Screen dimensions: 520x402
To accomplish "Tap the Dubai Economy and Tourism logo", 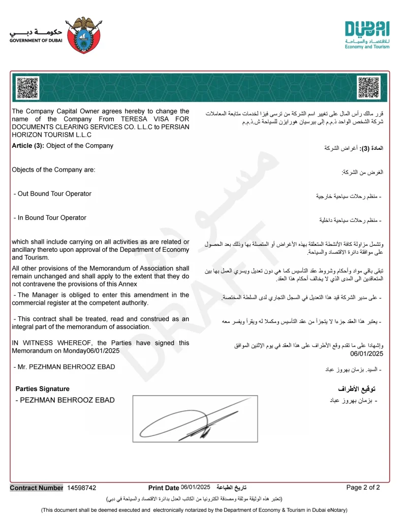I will click(367, 35).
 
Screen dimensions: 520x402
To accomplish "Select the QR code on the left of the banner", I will click(27, 87).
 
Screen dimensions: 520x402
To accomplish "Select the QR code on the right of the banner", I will click(368, 87).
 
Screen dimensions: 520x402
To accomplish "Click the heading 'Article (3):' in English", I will click(28, 146).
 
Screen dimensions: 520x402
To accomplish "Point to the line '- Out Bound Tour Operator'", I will click(52, 194).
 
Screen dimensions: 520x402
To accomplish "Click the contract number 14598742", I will click(81, 488).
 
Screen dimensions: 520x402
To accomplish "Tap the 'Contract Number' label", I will click(37, 488).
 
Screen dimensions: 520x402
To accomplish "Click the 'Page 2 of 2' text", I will click(363, 487).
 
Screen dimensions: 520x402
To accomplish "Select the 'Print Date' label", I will click(164, 488).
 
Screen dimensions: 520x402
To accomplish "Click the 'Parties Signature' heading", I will click(43, 389).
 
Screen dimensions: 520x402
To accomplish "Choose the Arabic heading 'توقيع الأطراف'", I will click(358, 389).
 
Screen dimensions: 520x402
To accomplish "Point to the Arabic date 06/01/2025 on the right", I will click(367, 354).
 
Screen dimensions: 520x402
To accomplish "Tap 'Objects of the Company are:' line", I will click(53, 170).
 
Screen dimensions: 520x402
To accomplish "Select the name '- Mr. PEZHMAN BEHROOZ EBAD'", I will click(64, 367).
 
